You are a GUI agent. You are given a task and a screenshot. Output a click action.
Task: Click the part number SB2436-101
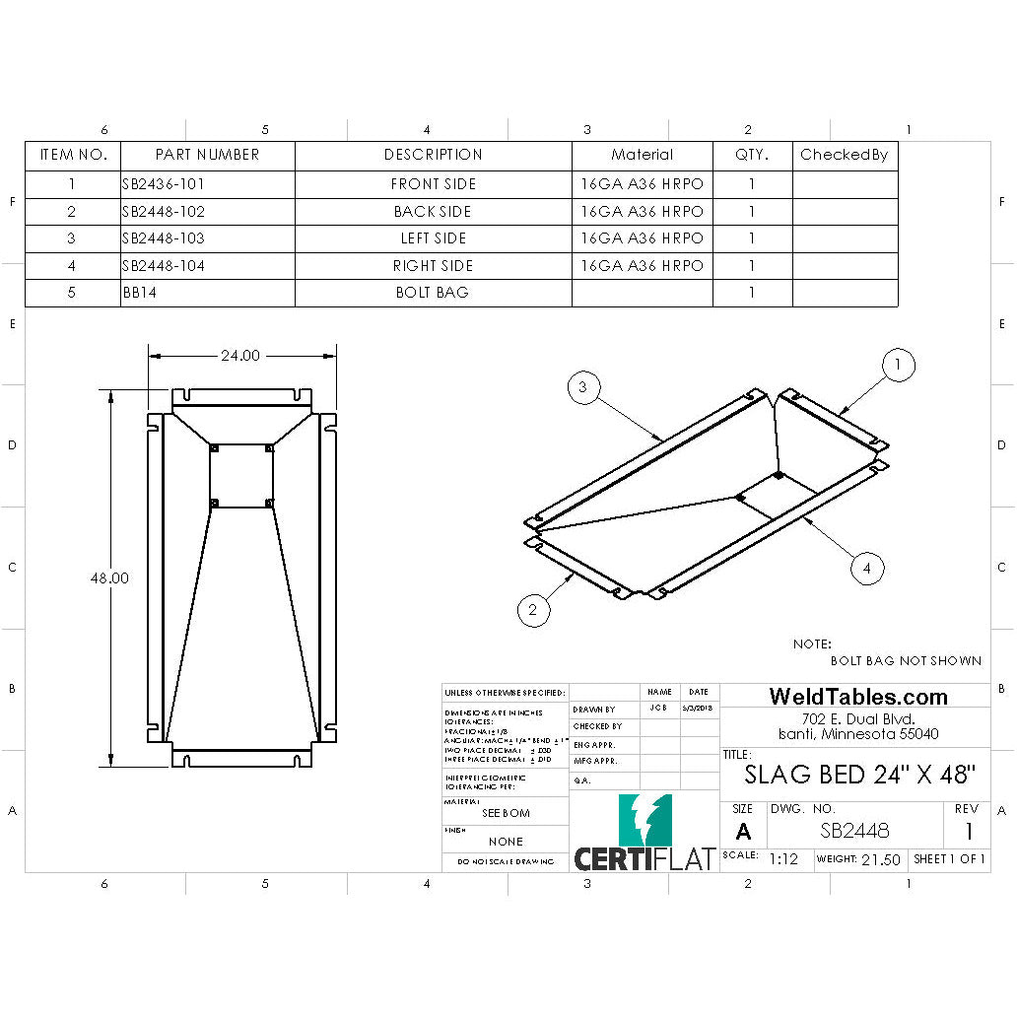[163, 184]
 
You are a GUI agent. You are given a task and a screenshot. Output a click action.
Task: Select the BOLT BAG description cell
[433, 293]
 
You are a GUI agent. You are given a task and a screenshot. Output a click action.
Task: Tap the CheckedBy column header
[845, 155]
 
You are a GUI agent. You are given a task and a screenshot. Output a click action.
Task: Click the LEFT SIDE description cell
[433, 238]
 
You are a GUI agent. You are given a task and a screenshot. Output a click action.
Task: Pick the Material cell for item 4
[642, 266]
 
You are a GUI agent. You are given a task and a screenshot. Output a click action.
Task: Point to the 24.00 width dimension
[239, 356]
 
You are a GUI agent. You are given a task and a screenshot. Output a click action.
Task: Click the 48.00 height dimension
[109, 578]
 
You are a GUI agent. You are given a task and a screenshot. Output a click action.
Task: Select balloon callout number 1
[897, 366]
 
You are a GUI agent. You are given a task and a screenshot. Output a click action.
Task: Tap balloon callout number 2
[533, 610]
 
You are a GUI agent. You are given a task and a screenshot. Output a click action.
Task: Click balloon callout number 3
[583, 388]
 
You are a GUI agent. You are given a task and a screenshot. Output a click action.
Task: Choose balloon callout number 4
[867, 569]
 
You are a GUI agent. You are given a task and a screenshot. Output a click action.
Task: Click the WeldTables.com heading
[858, 697]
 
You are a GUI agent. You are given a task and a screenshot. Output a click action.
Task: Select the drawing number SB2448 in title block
[854, 831]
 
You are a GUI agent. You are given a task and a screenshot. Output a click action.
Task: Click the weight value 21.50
[880, 859]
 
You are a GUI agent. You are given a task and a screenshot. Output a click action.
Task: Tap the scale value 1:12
[783, 859]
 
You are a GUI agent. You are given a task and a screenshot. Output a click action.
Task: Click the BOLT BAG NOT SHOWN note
[905, 661]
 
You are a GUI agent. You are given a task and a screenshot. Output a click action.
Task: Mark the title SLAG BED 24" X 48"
[859, 775]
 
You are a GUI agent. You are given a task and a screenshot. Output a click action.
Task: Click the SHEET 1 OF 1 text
[949, 859]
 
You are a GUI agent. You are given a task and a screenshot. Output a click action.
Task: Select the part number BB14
[137, 293]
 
